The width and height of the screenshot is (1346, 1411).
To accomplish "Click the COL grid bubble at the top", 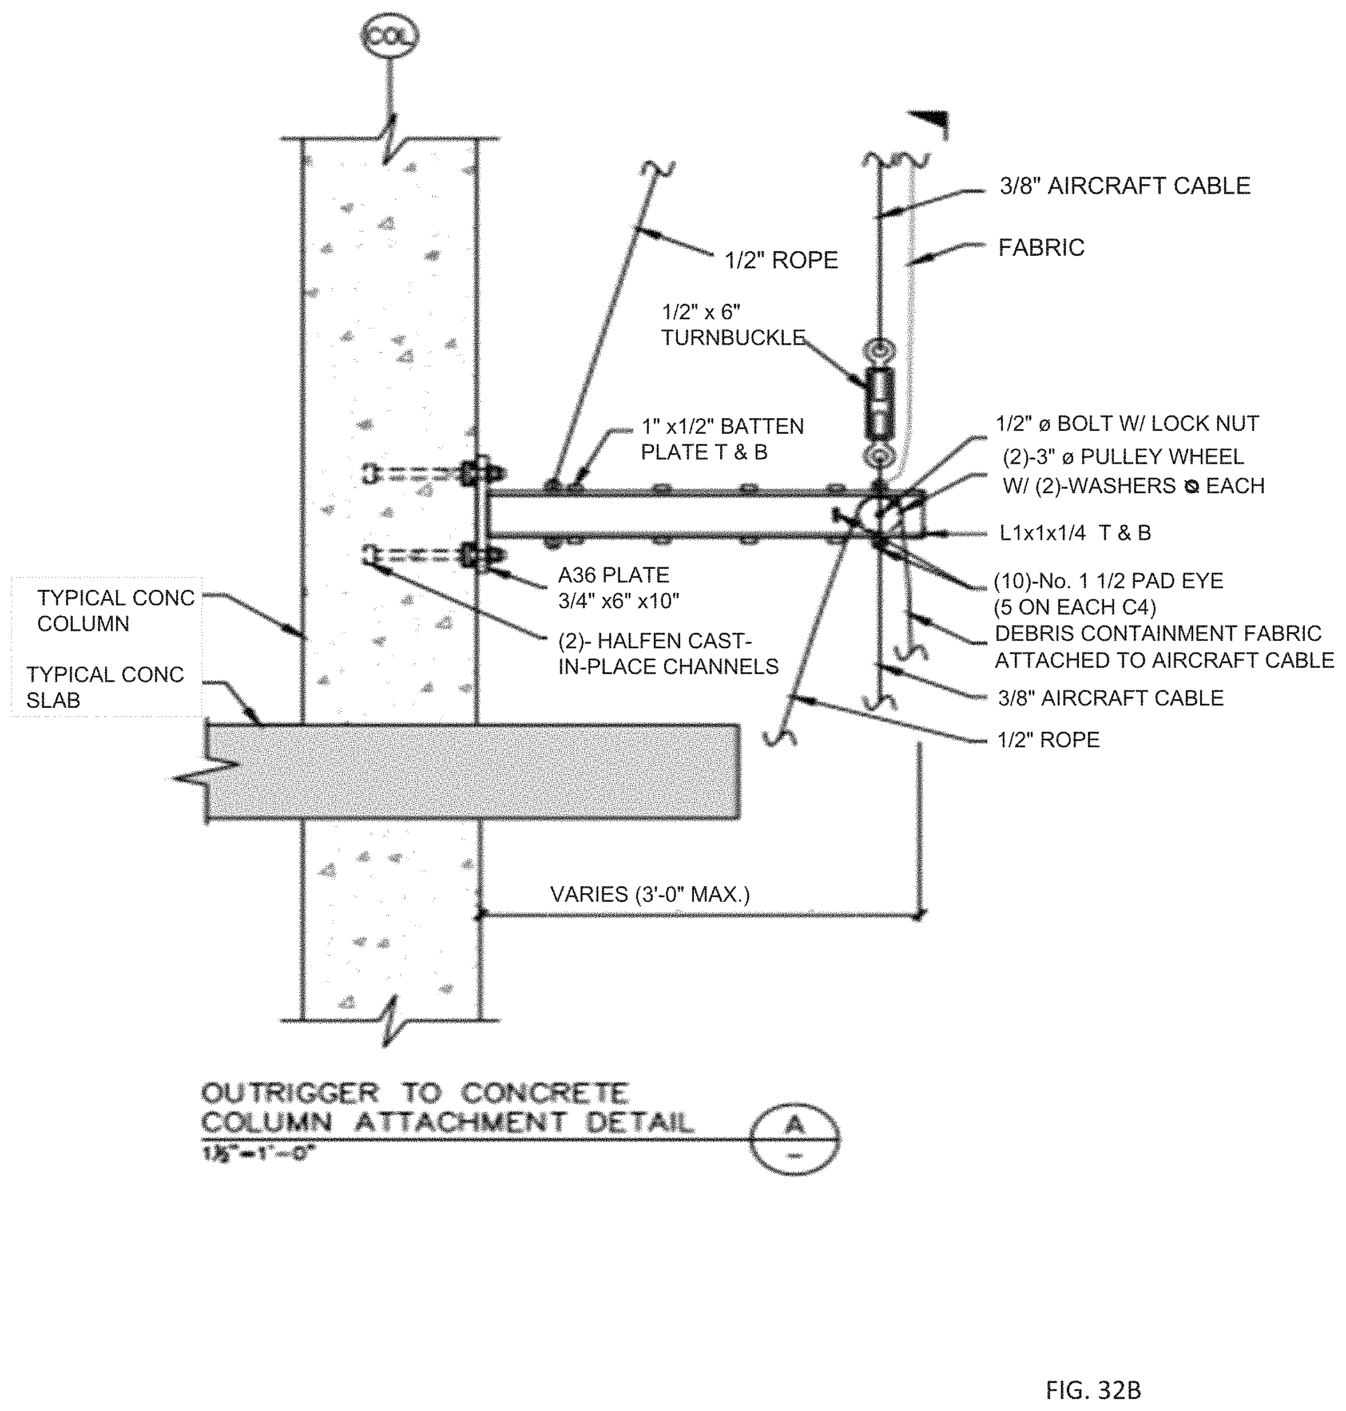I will click(390, 36).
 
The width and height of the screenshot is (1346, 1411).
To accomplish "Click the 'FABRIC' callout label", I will click(1041, 248).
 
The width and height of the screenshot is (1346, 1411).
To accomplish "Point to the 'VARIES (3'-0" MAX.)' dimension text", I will click(649, 894).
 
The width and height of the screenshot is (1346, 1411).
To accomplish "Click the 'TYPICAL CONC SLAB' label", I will click(105, 687).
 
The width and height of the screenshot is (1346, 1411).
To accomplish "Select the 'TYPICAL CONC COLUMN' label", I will click(116, 611).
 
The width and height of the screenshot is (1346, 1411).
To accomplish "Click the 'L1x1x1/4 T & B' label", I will click(1075, 533).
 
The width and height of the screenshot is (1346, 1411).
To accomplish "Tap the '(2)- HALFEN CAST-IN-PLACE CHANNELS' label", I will click(667, 654).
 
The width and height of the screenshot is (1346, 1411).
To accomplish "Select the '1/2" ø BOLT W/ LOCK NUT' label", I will click(1126, 423).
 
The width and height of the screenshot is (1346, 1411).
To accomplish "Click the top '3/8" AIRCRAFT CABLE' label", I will click(1124, 186).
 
